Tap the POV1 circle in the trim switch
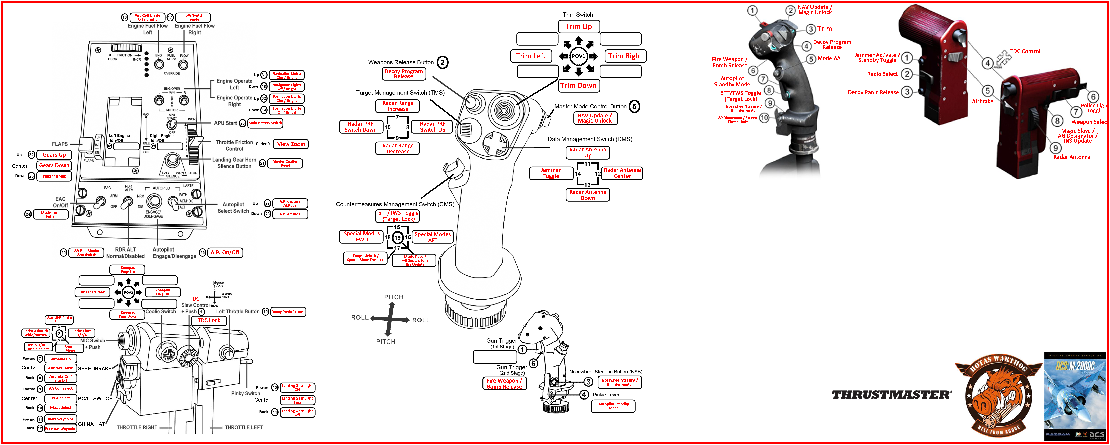pos(578,56)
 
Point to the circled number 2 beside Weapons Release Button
pos(443,62)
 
